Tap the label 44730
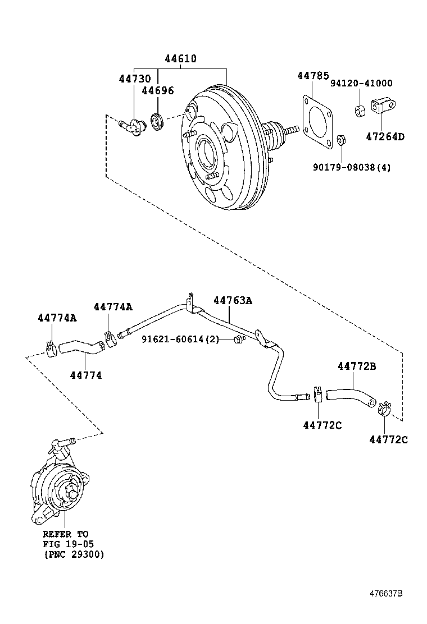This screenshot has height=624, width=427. click(134, 79)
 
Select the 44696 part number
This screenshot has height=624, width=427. click(157, 90)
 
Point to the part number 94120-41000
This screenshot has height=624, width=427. click(361, 83)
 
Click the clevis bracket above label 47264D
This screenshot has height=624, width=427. click(384, 106)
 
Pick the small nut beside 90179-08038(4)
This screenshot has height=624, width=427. click(340, 140)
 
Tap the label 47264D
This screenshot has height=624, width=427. click(385, 136)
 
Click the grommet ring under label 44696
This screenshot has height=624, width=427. click(156, 121)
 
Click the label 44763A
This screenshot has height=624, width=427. click(232, 301)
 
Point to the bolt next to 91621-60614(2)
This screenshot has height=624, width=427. click(239, 339)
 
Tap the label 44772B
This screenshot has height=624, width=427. click(357, 366)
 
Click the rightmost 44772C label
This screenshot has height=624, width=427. click(388, 439)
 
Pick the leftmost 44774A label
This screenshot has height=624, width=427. click(57, 318)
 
